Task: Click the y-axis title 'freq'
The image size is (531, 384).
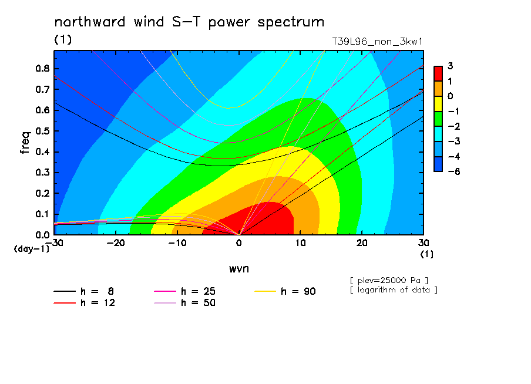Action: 25,143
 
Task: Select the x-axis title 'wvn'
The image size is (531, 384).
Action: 239,269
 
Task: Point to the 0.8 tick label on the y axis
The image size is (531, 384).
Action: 43,68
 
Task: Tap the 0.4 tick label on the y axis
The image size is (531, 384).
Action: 43,151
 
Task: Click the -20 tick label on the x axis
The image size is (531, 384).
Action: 116,243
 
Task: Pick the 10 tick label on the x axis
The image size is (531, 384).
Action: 300,243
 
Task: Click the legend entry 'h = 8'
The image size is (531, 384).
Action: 84,291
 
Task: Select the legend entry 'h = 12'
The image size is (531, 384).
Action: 85,302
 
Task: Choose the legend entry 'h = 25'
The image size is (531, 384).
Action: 184,291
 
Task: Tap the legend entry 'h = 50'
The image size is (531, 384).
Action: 184,302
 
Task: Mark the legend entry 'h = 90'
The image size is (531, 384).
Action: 285,291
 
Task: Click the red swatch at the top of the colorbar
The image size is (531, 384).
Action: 438,73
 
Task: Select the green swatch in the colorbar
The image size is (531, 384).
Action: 438,119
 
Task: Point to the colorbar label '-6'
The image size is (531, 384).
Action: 454,171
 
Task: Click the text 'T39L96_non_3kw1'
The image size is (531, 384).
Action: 377,42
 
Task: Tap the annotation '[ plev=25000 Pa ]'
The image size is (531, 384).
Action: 389,281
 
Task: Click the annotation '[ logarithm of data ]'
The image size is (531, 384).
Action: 394,290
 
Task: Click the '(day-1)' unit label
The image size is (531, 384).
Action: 31,249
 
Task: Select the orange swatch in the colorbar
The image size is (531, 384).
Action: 438,89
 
